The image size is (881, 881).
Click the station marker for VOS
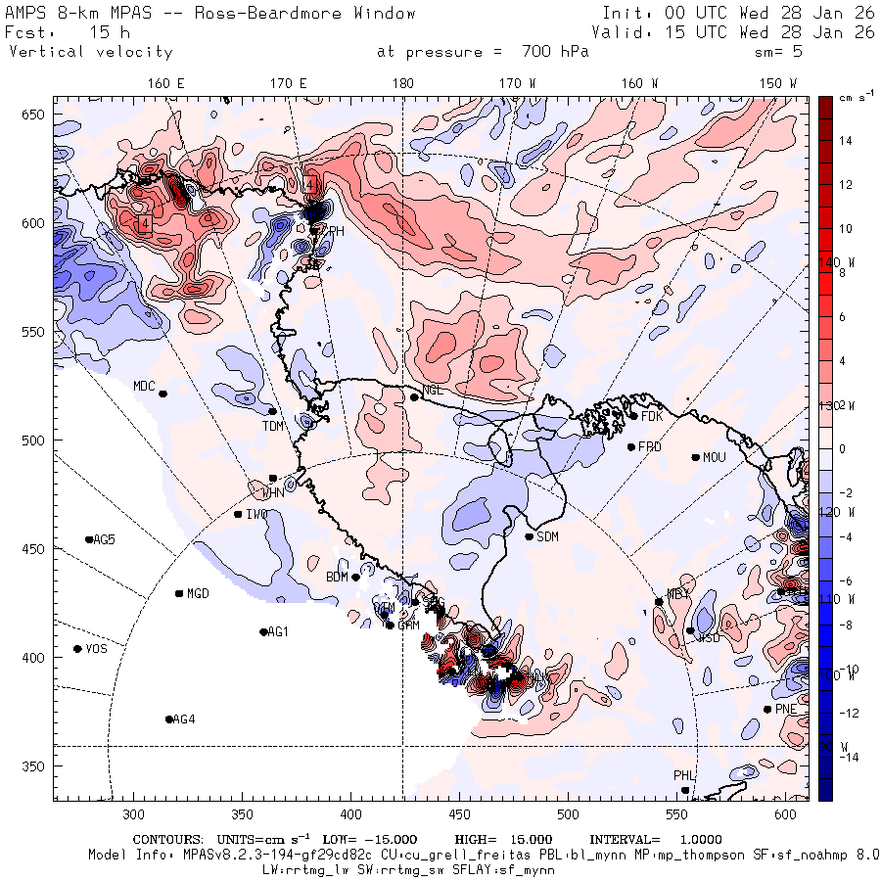[78, 649]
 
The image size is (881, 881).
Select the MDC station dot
[162, 394]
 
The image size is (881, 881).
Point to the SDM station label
[548, 537]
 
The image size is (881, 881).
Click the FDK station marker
[633, 416]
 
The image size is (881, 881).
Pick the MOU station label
[715, 457]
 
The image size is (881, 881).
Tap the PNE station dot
[766, 710]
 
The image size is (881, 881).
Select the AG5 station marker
[89, 539]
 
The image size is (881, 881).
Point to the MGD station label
[198, 593]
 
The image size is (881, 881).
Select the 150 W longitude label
[779, 84]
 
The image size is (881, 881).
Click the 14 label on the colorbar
[846, 141]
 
